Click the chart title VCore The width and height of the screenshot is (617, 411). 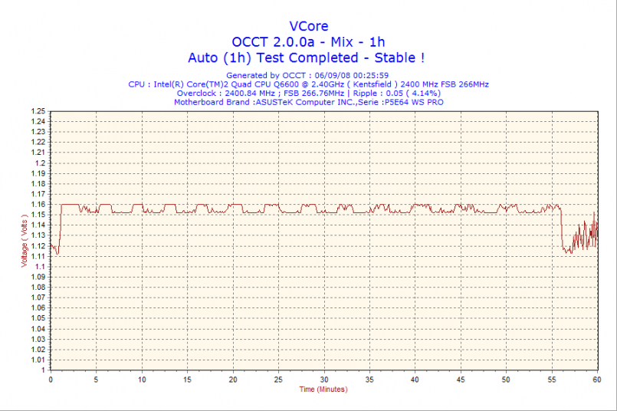coord(308,26)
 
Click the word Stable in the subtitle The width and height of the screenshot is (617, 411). coord(394,58)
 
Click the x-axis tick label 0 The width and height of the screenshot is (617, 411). coord(51,380)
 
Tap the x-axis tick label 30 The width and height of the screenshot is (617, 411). coord(324,380)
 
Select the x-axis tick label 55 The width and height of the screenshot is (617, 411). coord(552,380)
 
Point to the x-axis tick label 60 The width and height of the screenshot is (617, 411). coord(596,380)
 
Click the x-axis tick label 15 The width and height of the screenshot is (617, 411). coord(187,380)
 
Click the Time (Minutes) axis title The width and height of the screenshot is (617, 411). coord(323,390)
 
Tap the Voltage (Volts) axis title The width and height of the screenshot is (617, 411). coord(25,239)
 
